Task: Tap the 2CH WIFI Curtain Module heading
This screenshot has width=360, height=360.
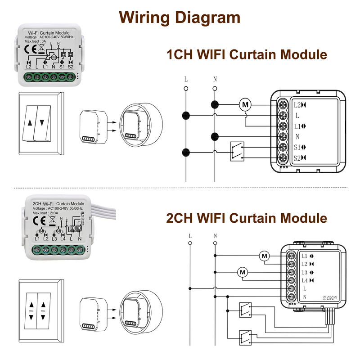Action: click(x=246, y=218)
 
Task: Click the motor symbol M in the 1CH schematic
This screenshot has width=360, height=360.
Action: click(x=245, y=105)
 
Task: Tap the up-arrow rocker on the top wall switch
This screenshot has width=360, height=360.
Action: click(x=30, y=122)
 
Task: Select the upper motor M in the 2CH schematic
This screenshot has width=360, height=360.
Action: click(x=264, y=256)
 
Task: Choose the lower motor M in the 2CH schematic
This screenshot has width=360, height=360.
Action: click(x=243, y=272)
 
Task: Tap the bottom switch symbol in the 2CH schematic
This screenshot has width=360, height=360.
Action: click(x=245, y=335)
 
